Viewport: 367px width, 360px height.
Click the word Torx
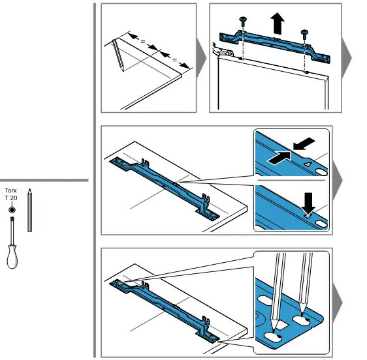[x=10, y=190]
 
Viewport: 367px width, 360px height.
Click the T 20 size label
[x=10, y=198]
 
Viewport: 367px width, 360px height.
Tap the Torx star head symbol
[x=12, y=210]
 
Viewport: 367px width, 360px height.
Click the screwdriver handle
[x=12, y=256]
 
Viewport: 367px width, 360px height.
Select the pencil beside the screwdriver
[x=29, y=210]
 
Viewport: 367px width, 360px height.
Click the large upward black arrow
[x=278, y=23]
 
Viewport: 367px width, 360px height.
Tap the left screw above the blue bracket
[x=242, y=22]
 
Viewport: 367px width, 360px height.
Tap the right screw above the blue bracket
[x=304, y=34]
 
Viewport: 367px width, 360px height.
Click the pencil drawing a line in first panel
[x=118, y=55]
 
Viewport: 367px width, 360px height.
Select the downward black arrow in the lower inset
[x=308, y=203]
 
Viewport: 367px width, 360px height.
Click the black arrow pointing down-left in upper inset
[x=304, y=143]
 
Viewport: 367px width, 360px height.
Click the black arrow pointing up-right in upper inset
[x=279, y=157]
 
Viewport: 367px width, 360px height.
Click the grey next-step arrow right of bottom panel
[x=338, y=303]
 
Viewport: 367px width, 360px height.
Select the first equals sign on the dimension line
[x=143, y=42]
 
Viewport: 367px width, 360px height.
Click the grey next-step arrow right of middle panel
[x=338, y=180]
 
